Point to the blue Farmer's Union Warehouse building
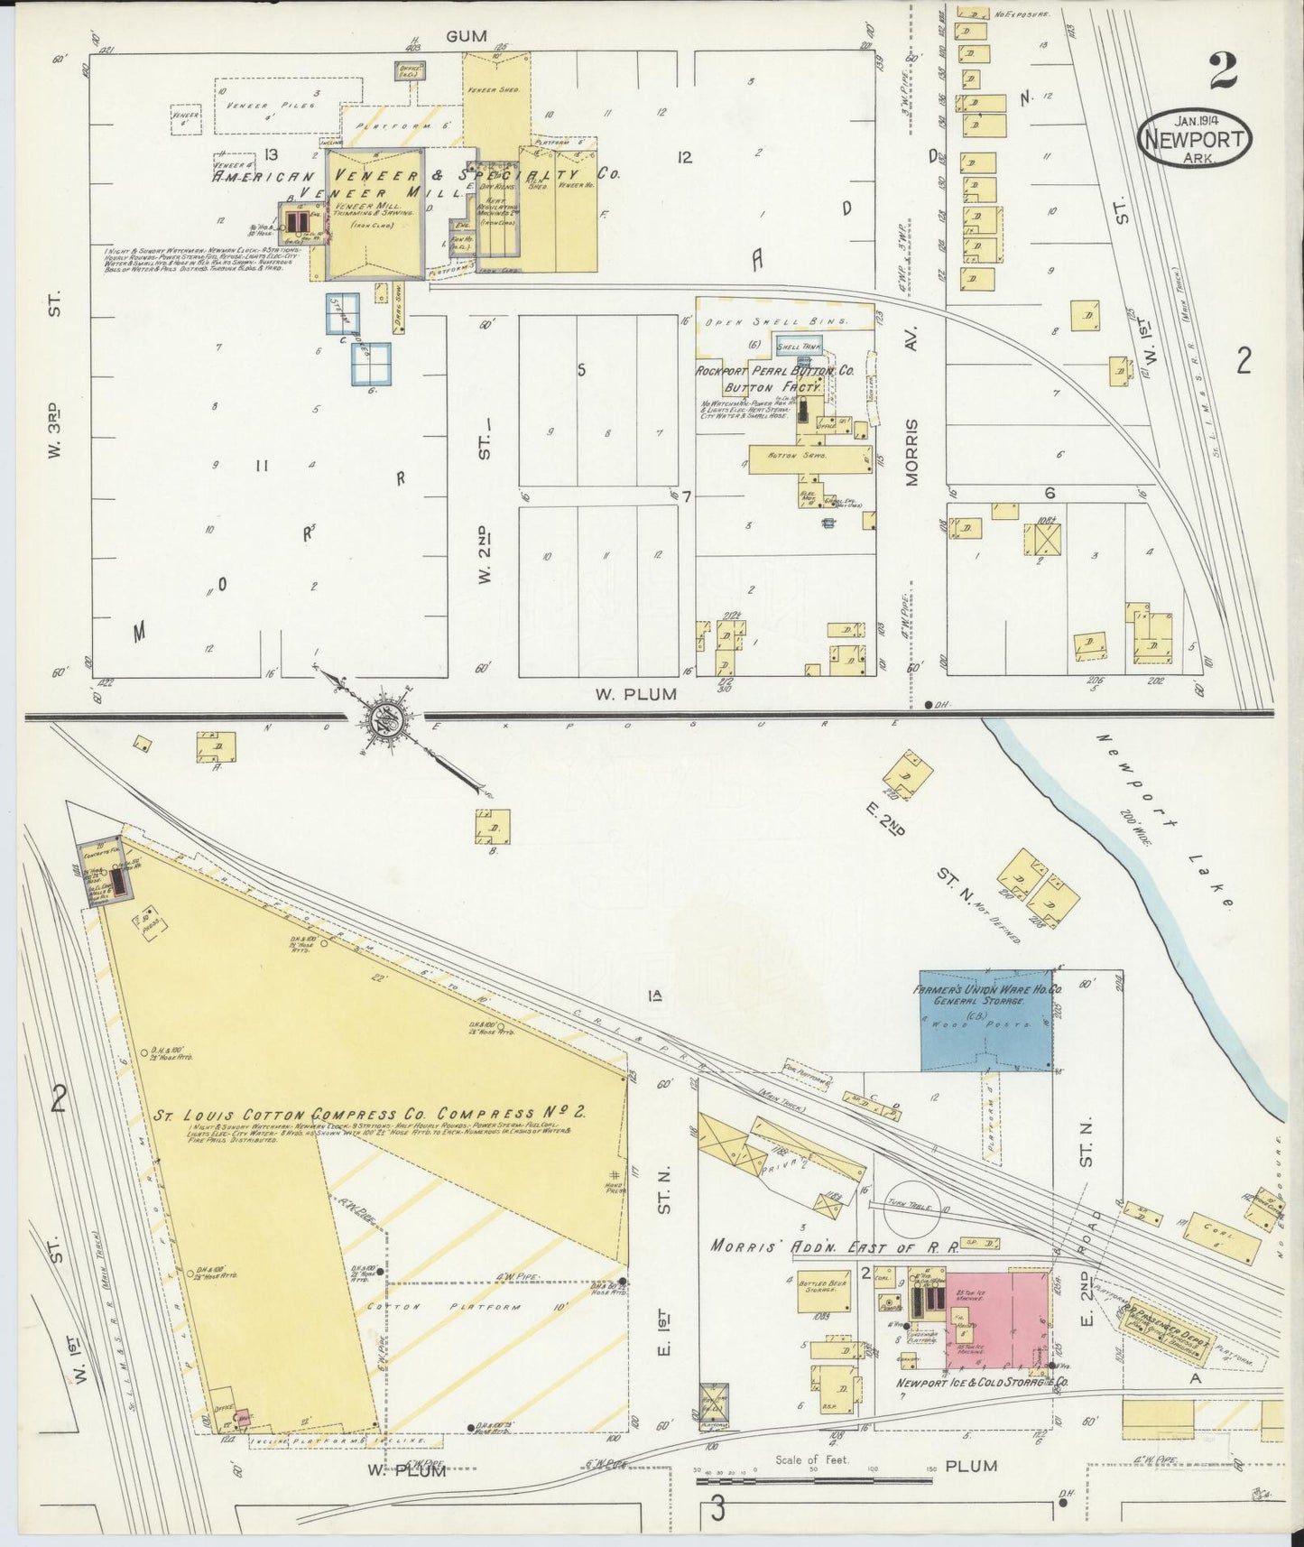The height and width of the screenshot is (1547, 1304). point(985,1020)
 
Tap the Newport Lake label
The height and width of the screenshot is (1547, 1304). point(1163,820)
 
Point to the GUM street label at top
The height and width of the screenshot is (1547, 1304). point(466,36)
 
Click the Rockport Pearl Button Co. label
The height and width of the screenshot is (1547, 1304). point(774,371)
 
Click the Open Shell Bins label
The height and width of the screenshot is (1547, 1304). point(776,321)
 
